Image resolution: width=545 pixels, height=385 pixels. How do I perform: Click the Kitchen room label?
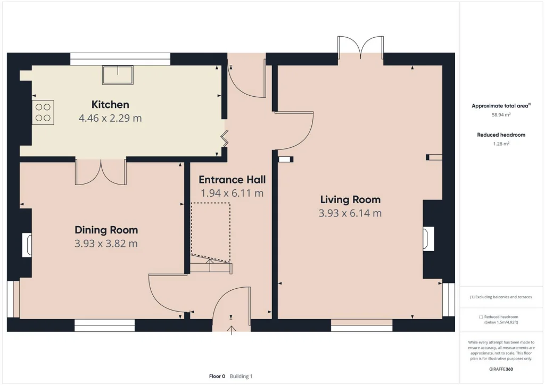click(110, 105)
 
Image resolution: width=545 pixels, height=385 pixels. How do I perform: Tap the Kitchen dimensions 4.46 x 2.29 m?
click(110, 118)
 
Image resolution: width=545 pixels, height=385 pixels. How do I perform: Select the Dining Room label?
click(106, 230)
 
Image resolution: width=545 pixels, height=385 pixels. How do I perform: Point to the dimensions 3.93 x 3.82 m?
click(106, 244)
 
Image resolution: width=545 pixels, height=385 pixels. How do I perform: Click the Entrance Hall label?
click(232, 180)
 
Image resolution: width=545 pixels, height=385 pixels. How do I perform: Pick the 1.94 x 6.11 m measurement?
click(232, 193)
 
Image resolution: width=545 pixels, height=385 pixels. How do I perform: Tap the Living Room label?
click(350, 199)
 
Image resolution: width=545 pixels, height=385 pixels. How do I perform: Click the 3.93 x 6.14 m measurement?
click(350, 213)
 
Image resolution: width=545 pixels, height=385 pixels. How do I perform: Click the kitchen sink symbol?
click(118, 74)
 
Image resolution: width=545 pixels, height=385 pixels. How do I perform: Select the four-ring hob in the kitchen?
click(43, 113)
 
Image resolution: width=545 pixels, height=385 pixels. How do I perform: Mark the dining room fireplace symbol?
click(27, 245)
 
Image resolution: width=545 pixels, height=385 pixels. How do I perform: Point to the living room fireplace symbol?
click(428, 239)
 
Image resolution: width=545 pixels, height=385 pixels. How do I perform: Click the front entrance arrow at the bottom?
click(232, 330)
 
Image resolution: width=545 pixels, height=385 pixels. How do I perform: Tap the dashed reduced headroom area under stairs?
click(210, 232)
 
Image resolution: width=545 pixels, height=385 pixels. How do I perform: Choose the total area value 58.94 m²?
click(501, 114)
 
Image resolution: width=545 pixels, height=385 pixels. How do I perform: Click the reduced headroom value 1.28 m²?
click(501, 144)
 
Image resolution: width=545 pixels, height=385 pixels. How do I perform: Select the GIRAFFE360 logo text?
click(501, 369)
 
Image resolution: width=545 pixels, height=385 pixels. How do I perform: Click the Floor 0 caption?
click(217, 376)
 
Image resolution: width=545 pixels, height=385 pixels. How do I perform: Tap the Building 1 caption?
click(241, 376)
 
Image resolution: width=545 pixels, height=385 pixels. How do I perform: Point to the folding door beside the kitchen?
click(225, 138)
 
